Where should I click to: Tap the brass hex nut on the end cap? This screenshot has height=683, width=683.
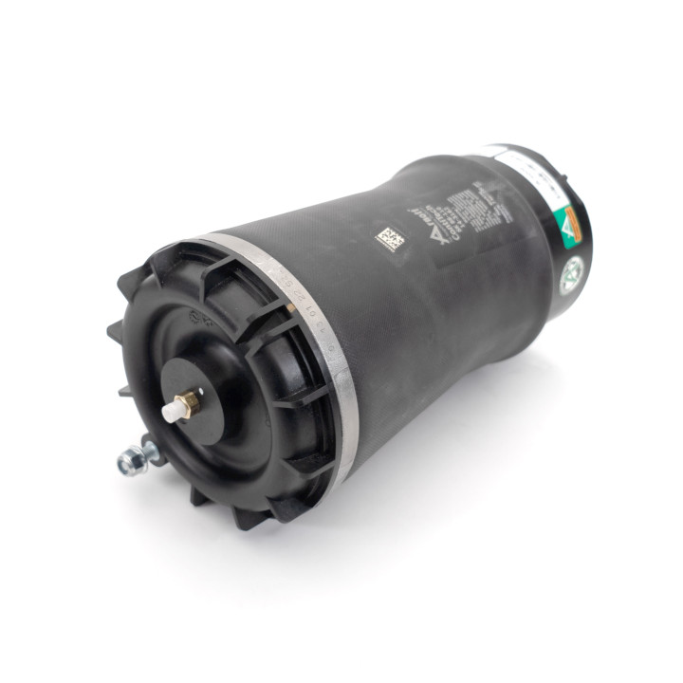click(188, 402)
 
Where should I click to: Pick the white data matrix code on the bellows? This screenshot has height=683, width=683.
click(387, 237)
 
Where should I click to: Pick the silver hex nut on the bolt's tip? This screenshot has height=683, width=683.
click(125, 462)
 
